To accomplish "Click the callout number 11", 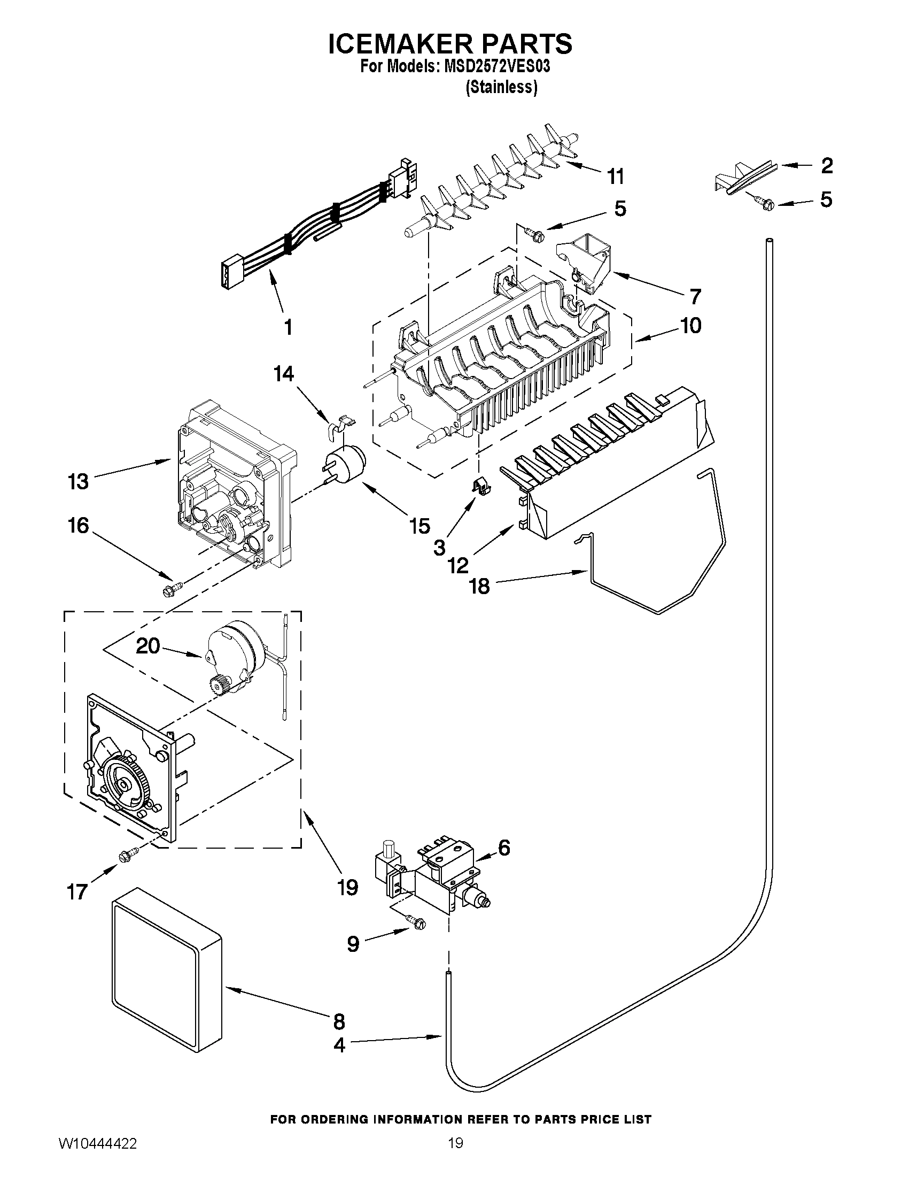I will (616, 176).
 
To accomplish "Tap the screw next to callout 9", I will (416, 922).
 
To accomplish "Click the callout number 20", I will (148, 645).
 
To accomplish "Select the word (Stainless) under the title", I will (501, 87).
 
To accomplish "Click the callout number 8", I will (339, 1021).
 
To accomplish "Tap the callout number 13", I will (78, 481).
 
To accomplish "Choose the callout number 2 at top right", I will (827, 165).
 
